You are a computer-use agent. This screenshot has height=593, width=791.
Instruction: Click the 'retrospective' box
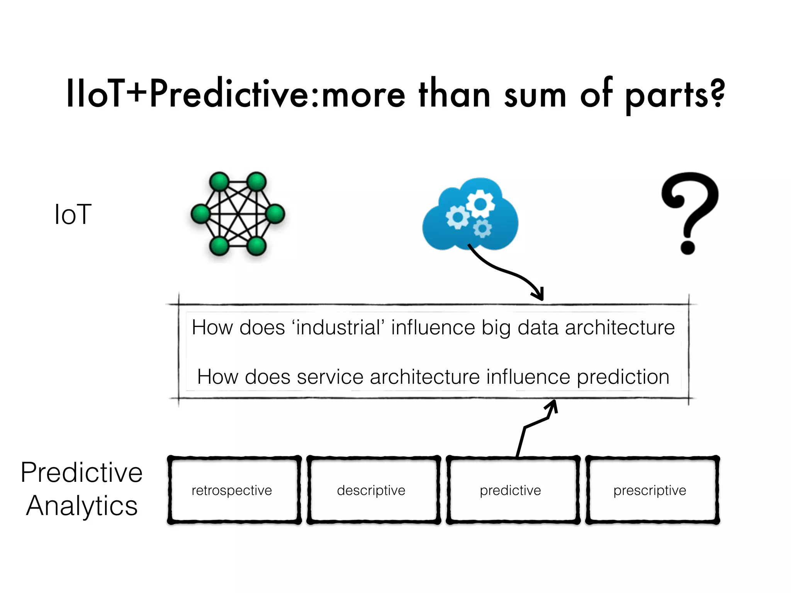pyautogui.click(x=234, y=490)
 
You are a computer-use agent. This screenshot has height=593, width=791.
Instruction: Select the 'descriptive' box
pyautogui.click(x=373, y=490)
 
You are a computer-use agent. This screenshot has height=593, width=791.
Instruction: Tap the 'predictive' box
pyautogui.click(x=513, y=490)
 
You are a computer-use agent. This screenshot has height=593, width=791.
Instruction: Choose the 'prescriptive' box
pyautogui.click(x=652, y=490)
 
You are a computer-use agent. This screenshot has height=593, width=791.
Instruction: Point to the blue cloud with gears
pyautogui.click(x=470, y=214)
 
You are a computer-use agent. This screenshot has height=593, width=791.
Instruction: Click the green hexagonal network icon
pyautogui.click(x=238, y=214)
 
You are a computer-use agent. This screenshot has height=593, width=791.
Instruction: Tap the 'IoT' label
pyautogui.click(x=73, y=214)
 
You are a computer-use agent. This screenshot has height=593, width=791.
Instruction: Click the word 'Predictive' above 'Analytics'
pyautogui.click(x=81, y=472)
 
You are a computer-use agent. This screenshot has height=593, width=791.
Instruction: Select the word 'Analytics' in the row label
pyautogui.click(x=81, y=506)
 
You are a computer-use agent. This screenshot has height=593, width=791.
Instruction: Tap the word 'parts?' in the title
pyautogui.click(x=674, y=95)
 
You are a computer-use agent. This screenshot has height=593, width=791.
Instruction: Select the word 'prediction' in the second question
pyautogui.click(x=623, y=377)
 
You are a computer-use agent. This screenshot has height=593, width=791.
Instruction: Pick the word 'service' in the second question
pyautogui.click(x=330, y=377)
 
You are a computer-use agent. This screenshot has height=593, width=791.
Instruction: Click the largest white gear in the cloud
pyautogui.click(x=480, y=203)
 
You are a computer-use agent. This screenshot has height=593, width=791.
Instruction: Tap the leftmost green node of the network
pyautogui.click(x=201, y=214)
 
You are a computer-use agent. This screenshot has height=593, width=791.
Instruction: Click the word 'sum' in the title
pyautogui.click(x=535, y=95)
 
